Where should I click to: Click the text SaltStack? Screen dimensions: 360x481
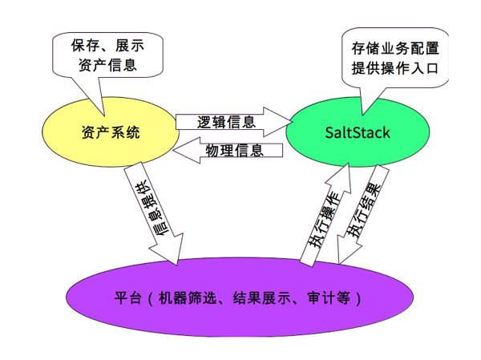tap(358, 132)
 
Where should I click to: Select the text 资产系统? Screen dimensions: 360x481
tap(111, 132)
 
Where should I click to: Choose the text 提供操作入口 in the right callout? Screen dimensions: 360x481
tap(394, 67)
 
